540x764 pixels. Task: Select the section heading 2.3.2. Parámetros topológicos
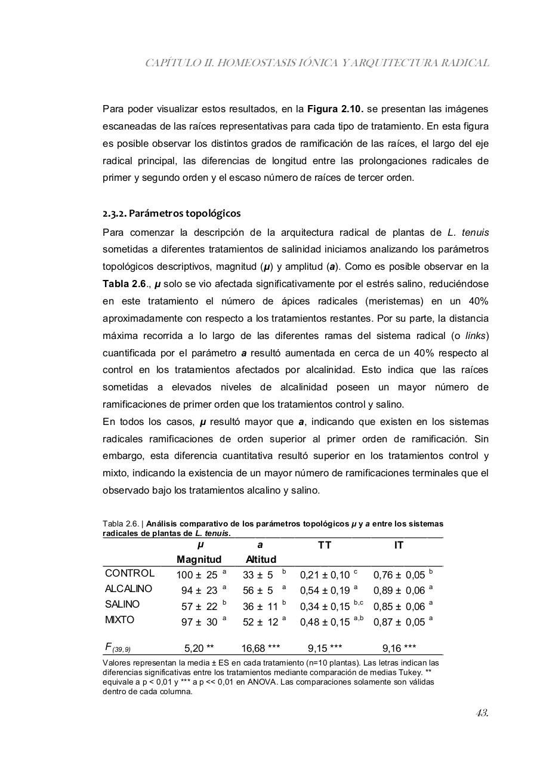[172, 213]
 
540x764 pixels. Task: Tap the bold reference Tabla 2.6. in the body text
[124, 284]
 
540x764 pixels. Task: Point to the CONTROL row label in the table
[129, 574]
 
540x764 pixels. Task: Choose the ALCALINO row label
[128, 589]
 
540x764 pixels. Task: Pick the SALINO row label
[122, 605]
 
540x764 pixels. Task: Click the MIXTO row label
[119, 620]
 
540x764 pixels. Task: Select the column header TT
[325, 546]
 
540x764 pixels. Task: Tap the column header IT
[399, 546]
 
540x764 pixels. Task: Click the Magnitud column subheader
[199, 560]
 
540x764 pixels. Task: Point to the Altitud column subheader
[261, 560]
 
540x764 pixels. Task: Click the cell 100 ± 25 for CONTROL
[197, 575]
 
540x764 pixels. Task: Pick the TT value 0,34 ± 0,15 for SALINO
[325, 606]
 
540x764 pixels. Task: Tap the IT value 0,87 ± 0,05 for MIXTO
[399, 622]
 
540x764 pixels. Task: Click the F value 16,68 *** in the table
[261, 648]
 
